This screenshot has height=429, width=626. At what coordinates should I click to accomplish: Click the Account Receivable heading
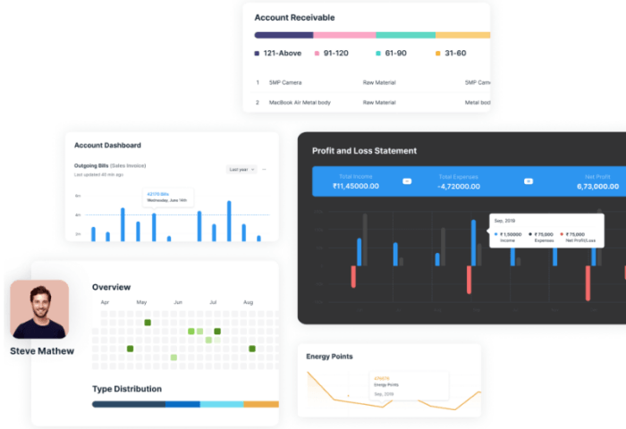(294, 17)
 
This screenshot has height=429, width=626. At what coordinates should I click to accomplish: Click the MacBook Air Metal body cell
(300, 102)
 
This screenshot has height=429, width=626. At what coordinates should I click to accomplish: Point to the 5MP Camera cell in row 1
(286, 82)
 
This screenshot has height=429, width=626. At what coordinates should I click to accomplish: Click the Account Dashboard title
(107, 145)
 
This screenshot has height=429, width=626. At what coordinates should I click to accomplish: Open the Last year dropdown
(241, 169)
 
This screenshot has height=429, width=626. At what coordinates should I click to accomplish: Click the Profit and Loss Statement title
(364, 150)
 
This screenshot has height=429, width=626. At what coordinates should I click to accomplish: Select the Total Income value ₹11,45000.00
(356, 187)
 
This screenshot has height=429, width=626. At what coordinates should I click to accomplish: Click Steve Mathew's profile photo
(39, 309)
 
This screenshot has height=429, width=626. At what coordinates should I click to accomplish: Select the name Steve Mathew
(42, 351)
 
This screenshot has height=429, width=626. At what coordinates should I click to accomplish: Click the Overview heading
(111, 287)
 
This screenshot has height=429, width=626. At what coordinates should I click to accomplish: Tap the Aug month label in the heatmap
(248, 303)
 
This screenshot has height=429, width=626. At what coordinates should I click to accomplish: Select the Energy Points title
(329, 357)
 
